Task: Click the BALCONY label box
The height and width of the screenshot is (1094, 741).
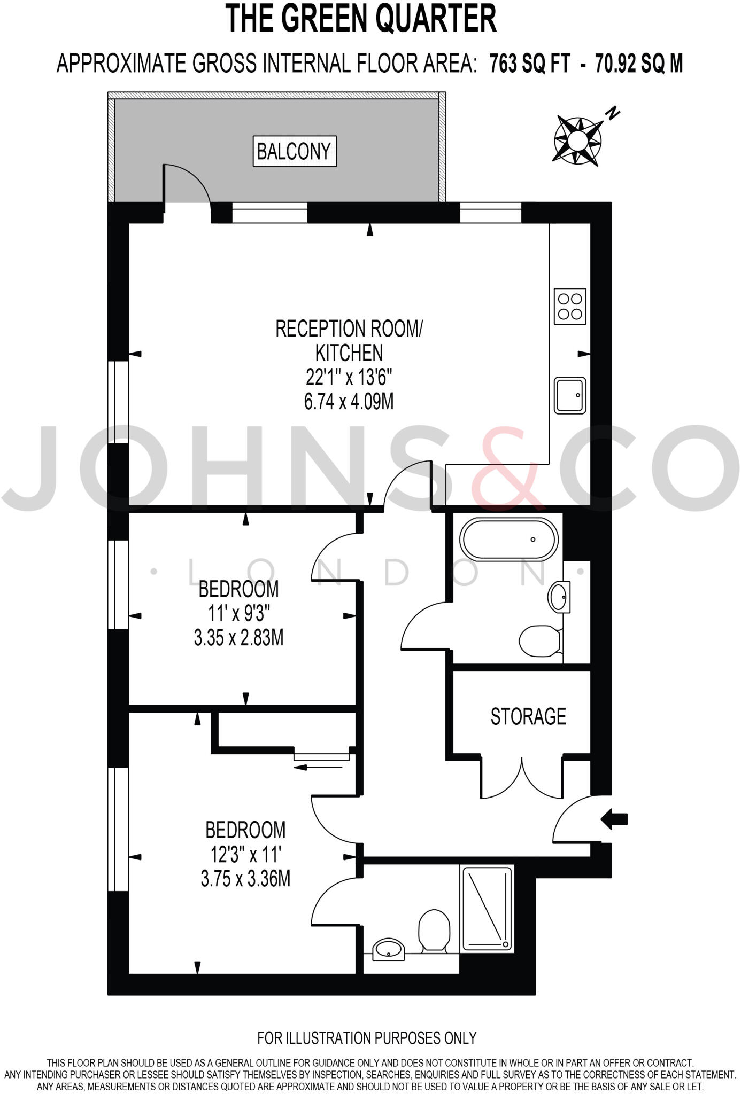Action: [x=295, y=151]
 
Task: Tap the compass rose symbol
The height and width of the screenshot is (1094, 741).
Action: [x=578, y=140]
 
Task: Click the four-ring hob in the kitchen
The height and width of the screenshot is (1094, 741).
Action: [x=570, y=307]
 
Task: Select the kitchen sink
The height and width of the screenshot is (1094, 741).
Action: [x=570, y=395]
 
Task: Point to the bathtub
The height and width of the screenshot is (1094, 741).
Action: [x=510, y=539]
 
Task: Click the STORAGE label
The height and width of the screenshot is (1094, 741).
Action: [x=528, y=716]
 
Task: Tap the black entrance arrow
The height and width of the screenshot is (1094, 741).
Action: [x=614, y=818]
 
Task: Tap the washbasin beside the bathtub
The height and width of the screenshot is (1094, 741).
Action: [x=559, y=596]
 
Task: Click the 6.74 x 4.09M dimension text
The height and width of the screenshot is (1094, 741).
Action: [x=349, y=401]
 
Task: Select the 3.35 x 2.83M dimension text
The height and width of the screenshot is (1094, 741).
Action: [x=238, y=638]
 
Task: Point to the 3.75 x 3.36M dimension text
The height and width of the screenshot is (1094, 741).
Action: [x=245, y=879]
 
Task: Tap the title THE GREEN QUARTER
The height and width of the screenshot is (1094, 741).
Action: [x=361, y=19]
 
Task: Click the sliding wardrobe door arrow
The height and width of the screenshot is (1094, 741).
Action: [x=318, y=768]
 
